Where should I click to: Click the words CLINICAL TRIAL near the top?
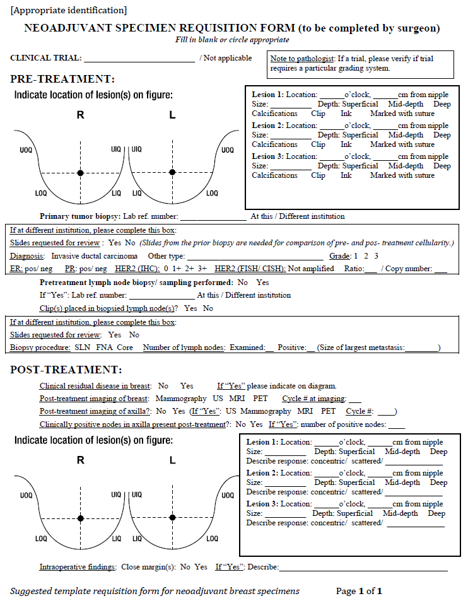[45, 58]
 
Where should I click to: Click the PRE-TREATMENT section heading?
[62, 79]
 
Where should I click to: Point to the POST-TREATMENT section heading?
[66, 370]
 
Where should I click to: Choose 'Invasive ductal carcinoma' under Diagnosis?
[94, 256]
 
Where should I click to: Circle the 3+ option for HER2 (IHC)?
[202, 269]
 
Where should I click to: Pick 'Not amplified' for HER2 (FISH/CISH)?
[311, 269]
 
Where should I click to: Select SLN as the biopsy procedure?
[83, 347]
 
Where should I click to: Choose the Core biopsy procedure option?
[125, 347]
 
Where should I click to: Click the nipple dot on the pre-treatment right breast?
[80, 172]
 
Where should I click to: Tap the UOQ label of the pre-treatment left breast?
[227, 150]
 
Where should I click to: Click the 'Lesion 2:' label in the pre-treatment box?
[267, 126]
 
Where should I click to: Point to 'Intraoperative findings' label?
[78, 567]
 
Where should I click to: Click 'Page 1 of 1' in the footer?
[359, 591]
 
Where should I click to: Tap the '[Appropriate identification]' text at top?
[68, 9]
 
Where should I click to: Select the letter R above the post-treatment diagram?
[80, 460]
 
